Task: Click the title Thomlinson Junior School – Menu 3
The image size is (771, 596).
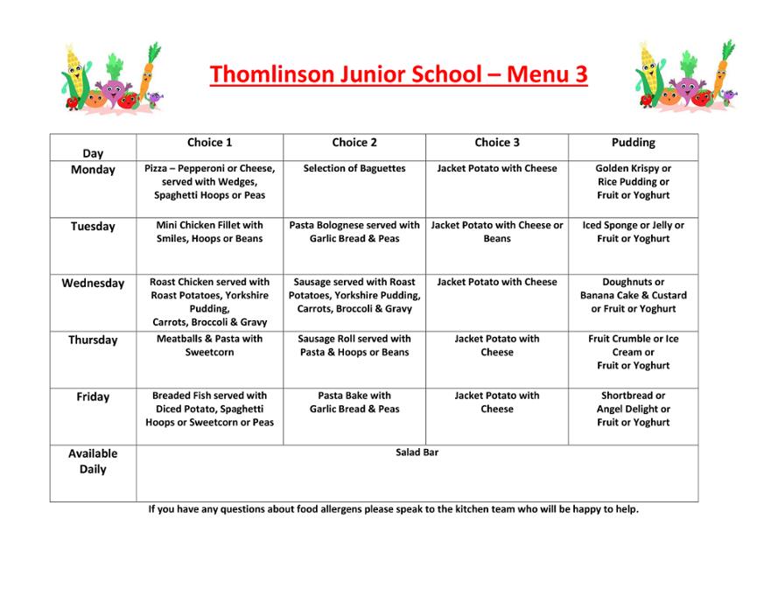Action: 398,74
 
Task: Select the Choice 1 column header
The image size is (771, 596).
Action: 209,143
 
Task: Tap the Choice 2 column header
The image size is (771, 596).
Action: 354,143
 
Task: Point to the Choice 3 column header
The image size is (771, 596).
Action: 497,143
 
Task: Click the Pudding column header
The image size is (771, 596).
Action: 633,143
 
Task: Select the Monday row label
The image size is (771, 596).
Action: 93,170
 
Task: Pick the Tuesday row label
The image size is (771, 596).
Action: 93,227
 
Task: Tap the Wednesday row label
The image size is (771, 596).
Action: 93,284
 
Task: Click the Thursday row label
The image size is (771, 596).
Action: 93,340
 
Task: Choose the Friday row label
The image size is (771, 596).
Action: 93,397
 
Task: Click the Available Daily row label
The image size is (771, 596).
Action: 93,461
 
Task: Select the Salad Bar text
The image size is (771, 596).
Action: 417,452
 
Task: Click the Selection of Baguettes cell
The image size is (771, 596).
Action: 354,169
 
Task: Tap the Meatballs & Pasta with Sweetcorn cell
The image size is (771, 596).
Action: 209,346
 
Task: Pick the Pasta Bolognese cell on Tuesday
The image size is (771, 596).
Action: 354,232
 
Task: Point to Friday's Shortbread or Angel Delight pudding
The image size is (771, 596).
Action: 633,409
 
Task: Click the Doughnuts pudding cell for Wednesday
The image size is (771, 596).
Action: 633,295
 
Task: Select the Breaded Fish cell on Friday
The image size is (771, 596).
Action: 209,409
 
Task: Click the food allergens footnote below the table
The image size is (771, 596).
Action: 393,509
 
